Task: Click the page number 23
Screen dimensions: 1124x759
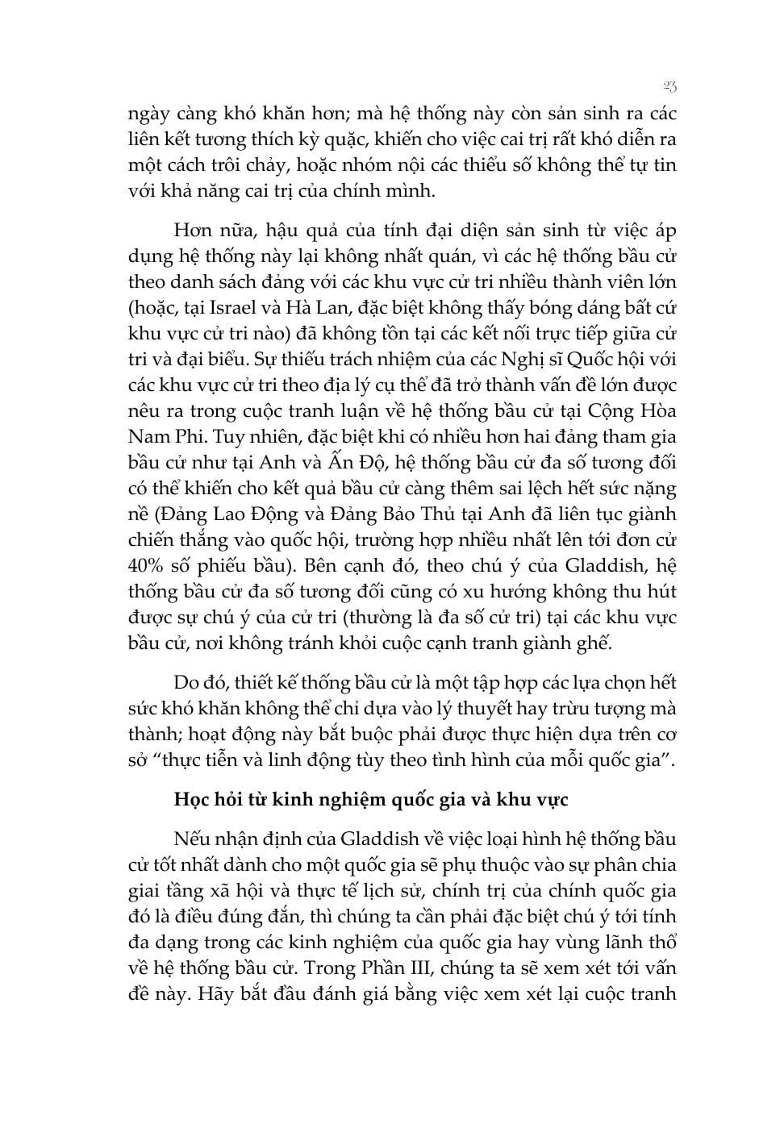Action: point(669,85)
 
